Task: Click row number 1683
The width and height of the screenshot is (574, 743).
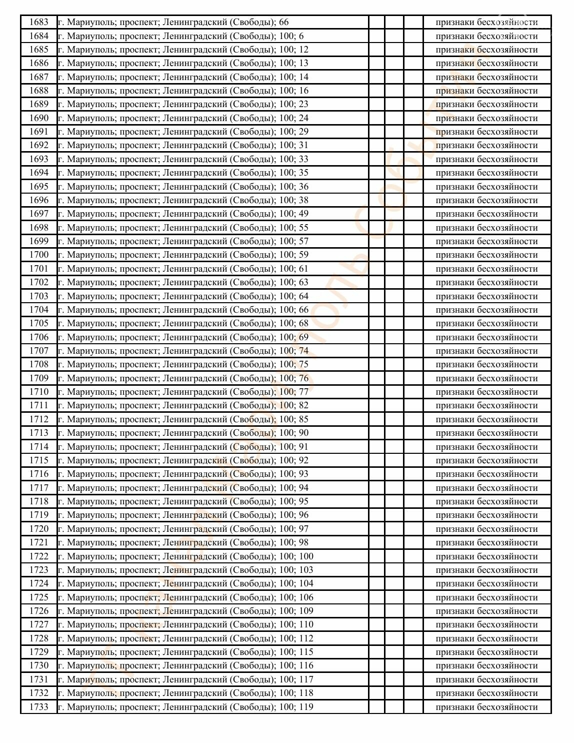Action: [x=39, y=22]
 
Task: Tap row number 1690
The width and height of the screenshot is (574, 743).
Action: [x=39, y=118]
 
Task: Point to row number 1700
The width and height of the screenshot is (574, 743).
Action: [x=39, y=255]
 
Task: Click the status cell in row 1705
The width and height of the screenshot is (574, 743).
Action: [x=486, y=323]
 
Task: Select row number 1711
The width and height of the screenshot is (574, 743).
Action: [x=39, y=405]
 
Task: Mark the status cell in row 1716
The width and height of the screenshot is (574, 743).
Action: [x=486, y=474]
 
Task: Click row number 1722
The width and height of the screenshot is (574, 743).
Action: [x=39, y=556]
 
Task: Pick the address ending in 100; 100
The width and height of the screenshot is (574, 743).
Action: [x=185, y=556]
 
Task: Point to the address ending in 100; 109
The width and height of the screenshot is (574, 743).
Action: [x=185, y=611]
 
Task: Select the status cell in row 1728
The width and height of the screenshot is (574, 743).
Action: [x=486, y=638]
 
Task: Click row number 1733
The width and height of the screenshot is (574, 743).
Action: [x=39, y=707]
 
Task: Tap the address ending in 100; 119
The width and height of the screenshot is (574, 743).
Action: [x=185, y=707]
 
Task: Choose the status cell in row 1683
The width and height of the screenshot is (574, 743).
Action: [x=486, y=22]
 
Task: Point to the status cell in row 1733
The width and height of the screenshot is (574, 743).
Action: [x=486, y=707]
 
